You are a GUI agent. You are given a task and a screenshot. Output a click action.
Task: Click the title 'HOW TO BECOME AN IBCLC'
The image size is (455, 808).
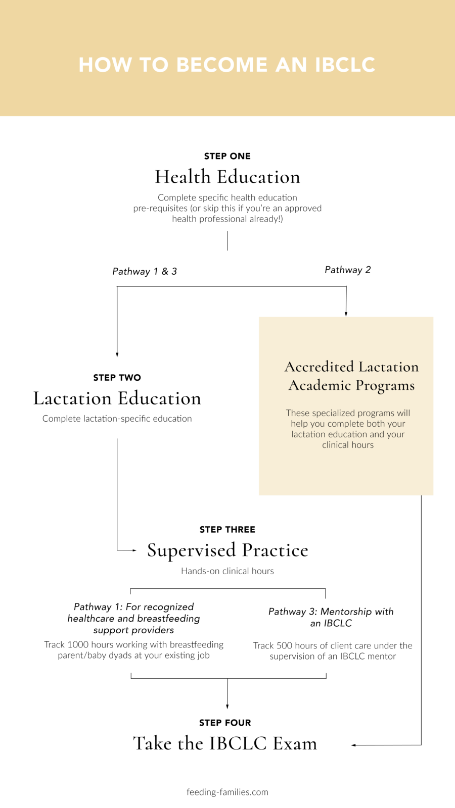click(227, 65)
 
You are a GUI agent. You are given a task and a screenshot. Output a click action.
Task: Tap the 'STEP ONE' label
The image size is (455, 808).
click(227, 156)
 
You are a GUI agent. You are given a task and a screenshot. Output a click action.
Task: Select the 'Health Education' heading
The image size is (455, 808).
click(227, 177)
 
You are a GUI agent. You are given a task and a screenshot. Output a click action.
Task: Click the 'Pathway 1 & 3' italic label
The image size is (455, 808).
click(145, 271)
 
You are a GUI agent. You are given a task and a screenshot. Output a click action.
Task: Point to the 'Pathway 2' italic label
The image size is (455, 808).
click(347, 270)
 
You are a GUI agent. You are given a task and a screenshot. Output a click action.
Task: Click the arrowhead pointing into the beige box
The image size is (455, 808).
click(346, 314)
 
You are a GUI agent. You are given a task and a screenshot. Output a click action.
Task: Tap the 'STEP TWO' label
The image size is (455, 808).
click(117, 377)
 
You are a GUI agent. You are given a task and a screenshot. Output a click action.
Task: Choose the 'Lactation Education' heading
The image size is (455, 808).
click(117, 398)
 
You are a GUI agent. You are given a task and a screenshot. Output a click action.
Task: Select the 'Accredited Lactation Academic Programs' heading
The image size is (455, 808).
click(351, 376)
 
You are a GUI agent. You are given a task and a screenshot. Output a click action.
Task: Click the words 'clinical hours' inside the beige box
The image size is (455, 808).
click(348, 445)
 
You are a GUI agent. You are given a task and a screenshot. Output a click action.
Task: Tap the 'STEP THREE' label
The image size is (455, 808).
click(227, 529)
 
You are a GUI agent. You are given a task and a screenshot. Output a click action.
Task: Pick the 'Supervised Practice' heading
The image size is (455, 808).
click(227, 550)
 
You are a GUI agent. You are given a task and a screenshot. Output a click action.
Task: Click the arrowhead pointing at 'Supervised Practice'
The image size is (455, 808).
click(134, 550)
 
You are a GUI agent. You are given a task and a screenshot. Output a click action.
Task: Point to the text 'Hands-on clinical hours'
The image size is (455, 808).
click(227, 571)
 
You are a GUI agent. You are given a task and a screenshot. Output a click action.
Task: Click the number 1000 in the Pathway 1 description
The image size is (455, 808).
click(78, 644)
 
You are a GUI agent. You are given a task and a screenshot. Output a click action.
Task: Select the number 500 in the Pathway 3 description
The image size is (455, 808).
click(284, 645)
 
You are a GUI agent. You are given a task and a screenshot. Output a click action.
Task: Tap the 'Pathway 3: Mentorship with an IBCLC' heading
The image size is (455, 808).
click(331, 617)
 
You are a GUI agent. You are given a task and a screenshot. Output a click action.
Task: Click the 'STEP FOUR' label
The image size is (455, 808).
click(225, 723)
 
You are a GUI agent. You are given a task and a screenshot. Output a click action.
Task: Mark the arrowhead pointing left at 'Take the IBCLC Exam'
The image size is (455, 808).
click(354, 745)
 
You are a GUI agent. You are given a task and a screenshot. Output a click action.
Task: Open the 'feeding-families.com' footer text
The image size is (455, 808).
click(227, 792)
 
